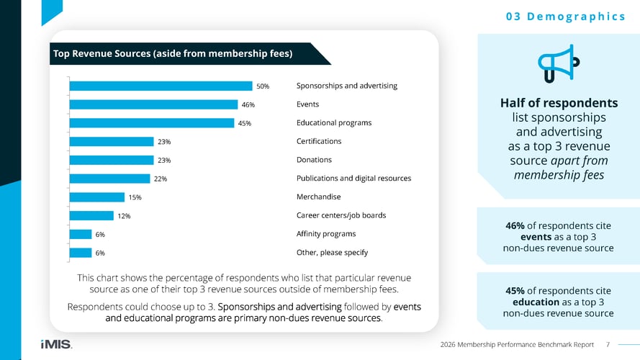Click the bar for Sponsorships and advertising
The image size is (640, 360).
point(161,86)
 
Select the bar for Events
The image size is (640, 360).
point(153,104)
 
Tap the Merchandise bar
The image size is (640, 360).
point(97,197)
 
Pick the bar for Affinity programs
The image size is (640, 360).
point(81,234)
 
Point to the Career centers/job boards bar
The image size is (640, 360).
point(91,215)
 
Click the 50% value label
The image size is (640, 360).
point(263,86)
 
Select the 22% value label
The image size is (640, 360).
point(161,179)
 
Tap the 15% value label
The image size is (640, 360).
point(135,197)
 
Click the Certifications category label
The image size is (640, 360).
point(319,141)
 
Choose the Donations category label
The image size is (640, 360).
point(314,160)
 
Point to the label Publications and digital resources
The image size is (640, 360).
point(353,179)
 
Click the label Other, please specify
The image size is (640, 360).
point(332,253)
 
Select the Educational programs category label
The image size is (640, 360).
point(334,122)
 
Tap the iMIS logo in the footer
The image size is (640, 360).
point(56,344)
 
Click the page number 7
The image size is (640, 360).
point(608,344)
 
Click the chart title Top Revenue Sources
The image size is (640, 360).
point(172,53)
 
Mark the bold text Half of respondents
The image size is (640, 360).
point(559,102)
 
